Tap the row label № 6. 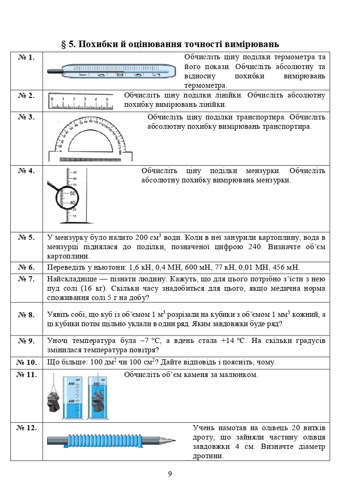point(27,267)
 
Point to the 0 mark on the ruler point(52,99)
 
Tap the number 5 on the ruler point(107,99)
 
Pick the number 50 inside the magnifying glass point(72,193)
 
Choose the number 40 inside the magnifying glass point(72,203)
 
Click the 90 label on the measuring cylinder point(75,173)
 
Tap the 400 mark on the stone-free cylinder point(71,401)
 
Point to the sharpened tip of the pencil point(175,440)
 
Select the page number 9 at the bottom point(170,474)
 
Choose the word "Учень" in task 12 point(204,428)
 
